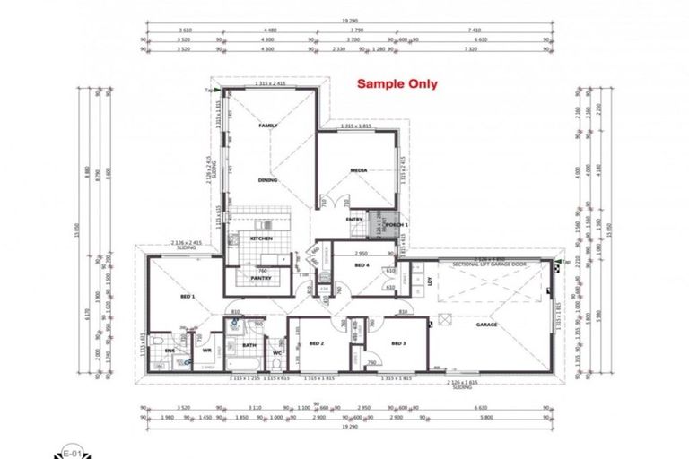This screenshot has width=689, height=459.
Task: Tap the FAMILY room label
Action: pos(267,126)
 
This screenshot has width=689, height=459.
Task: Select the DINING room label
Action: pos(267,180)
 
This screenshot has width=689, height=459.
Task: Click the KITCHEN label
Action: pos(261,238)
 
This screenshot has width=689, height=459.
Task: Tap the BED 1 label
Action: pos(188,297)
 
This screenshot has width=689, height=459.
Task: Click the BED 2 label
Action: pos(316,343)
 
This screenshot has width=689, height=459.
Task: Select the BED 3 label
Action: pos(399,343)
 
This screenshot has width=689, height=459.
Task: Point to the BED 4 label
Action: pos(362,266)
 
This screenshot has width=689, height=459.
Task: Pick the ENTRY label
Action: pos(354,220)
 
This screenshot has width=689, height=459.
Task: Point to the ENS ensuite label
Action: pos(170,351)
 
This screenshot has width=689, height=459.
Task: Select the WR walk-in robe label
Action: pos(207,351)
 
